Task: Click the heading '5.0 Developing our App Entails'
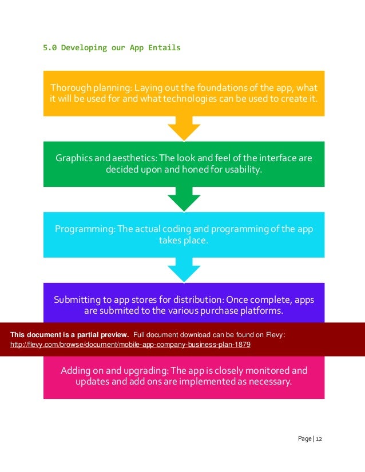click(x=112, y=47)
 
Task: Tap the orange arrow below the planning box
click(x=184, y=129)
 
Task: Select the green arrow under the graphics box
click(x=184, y=199)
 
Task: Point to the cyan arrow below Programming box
click(x=184, y=270)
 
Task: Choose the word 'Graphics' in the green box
click(x=73, y=158)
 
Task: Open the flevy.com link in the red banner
click(x=130, y=346)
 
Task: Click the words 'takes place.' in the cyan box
click(x=184, y=241)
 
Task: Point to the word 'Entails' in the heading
click(x=165, y=47)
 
